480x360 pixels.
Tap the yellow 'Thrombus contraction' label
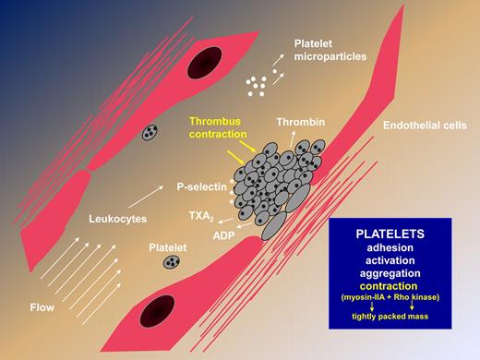pyautogui.click(x=218, y=127)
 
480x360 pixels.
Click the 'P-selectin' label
pyautogui.click(x=200, y=186)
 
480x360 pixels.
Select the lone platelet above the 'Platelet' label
pyautogui.click(x=172, y=264)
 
